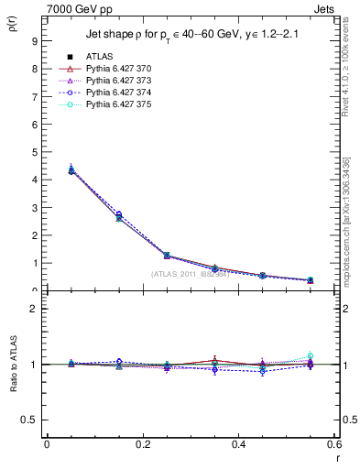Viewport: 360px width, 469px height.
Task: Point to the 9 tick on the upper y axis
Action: (33, 41)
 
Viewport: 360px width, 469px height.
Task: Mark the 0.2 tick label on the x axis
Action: (142, 444)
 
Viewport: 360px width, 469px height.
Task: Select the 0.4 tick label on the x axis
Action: (238, 444)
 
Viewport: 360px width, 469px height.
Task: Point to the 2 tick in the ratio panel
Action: (33, 309)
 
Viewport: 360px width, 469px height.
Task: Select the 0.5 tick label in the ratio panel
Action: (29, 420)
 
